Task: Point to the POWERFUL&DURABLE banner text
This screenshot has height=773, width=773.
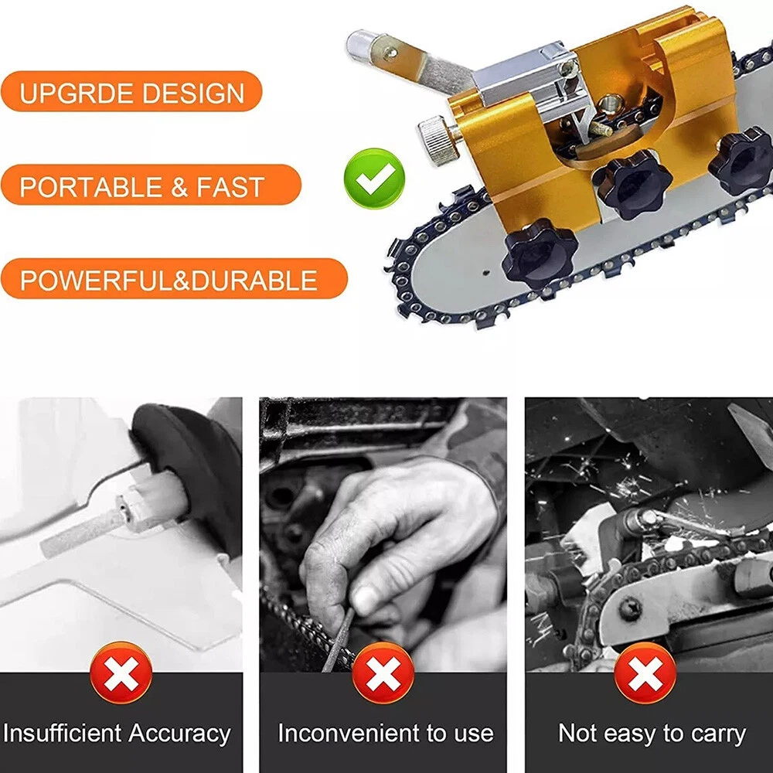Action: [169, 281]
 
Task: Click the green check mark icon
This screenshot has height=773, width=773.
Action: [374, 178]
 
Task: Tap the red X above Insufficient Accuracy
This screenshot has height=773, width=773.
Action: [121, 673]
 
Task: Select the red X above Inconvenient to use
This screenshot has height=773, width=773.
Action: [383, 673]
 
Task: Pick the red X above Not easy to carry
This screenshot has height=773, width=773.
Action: [645, 673]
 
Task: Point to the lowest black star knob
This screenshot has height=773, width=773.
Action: [540, 253]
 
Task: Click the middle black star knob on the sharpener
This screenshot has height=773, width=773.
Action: [632, 185]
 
